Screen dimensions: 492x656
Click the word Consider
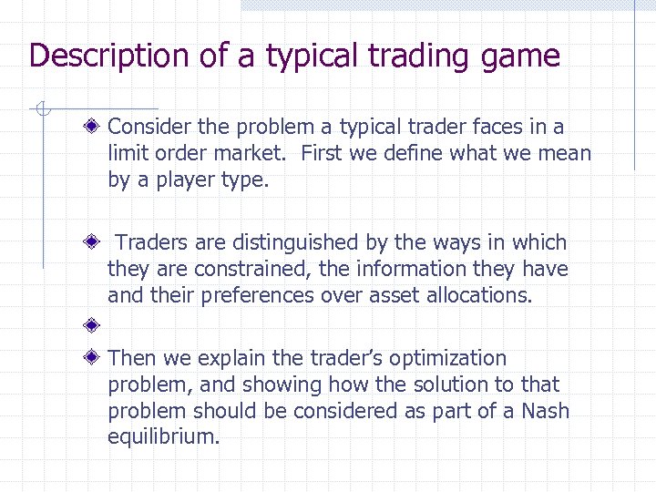(149, 127)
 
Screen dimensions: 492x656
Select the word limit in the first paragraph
(126, 153)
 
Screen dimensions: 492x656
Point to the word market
(256, 153)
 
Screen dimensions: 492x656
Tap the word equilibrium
(163, 437)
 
